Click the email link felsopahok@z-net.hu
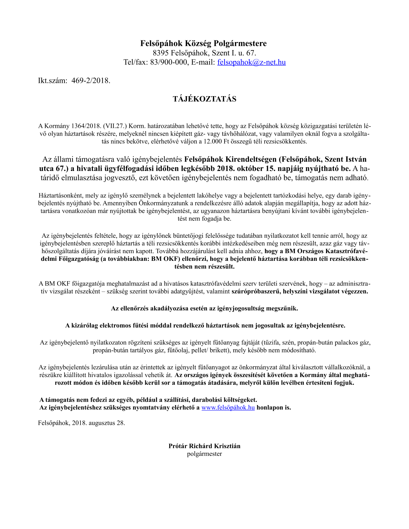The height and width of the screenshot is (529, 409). [251, 62]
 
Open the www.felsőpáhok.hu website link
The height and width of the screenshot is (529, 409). [228, 407]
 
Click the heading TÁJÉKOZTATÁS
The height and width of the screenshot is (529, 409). [204, 99]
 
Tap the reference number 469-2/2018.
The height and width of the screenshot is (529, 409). [91, 80]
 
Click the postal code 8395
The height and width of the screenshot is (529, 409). [161, 53]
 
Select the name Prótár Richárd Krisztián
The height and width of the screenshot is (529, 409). [204, 446]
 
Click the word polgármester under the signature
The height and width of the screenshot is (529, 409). [204, 454]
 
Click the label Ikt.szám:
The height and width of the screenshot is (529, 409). [53, 80]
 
